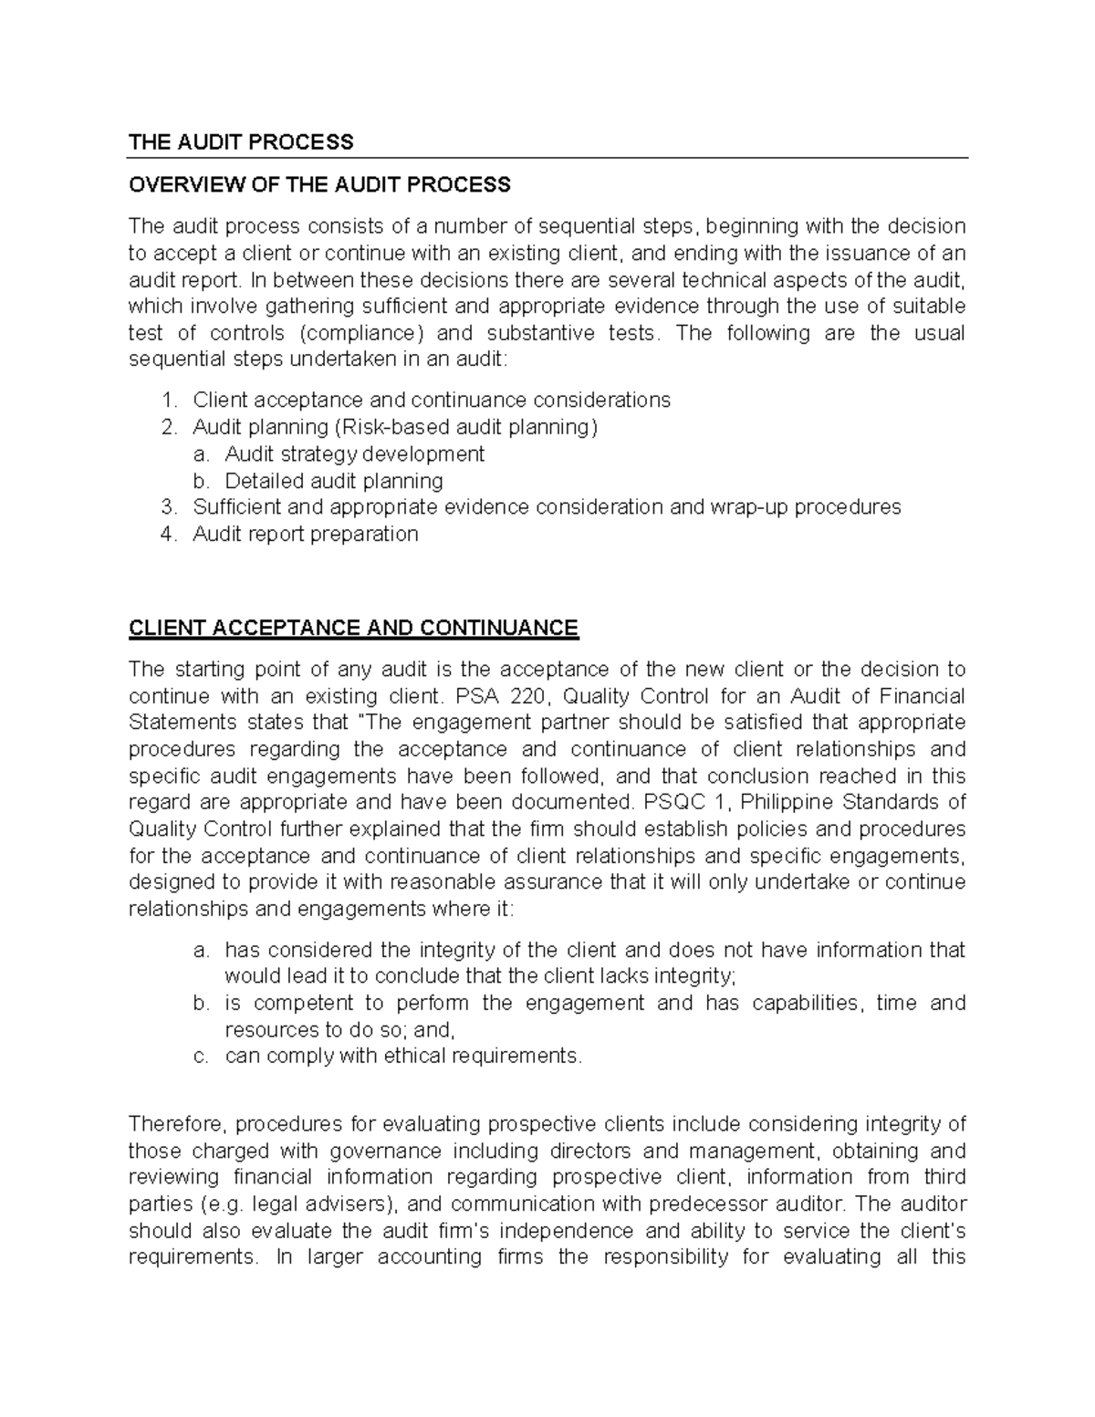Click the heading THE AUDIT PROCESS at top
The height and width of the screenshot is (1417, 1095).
(240, 141)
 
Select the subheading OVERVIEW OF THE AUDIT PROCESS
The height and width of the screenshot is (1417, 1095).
(319, 185)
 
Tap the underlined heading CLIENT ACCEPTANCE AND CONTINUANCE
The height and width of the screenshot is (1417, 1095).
(353, 629)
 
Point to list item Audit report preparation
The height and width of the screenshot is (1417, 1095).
(305, 535)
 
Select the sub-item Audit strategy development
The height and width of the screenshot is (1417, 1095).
(354, 454)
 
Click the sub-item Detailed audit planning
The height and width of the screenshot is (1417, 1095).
(333, 481)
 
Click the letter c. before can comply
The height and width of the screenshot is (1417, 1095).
(202, 1057)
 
